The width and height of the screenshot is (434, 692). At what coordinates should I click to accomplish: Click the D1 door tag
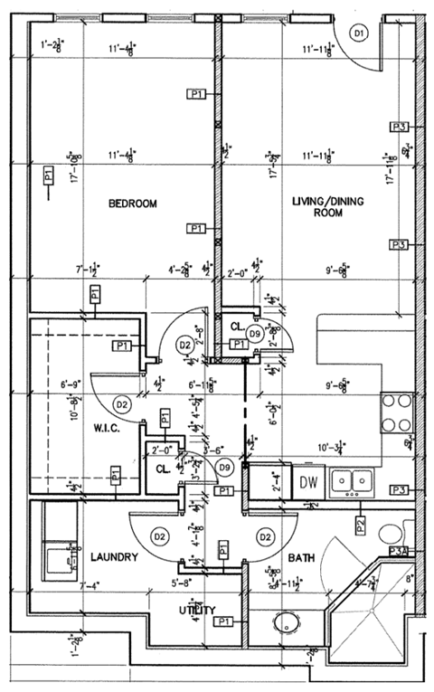(359, 33)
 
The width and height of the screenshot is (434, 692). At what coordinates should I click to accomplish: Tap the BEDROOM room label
(133, 204)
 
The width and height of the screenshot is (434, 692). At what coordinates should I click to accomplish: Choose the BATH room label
(301, 558)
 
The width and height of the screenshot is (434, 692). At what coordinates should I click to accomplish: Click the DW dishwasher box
(309, 482)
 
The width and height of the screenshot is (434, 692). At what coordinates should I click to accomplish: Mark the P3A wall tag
(399, 551)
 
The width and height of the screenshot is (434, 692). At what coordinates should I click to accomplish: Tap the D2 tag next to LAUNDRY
(160, 537)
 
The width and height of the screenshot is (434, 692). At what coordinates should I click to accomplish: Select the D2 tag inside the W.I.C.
(121, 403)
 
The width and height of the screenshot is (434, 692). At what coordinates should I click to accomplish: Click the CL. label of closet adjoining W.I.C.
(162, 469)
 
